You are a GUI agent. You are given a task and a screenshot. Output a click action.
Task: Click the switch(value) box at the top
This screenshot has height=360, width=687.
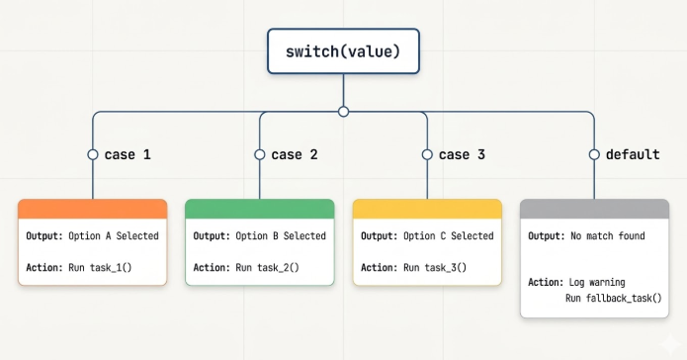(x=344, y=51)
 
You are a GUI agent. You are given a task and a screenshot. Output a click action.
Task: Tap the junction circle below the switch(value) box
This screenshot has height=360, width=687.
(x=344, y=112)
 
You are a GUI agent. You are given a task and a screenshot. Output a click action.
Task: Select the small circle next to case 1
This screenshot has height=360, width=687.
(x=93, y=155)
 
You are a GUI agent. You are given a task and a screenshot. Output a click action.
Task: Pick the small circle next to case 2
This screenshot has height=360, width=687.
(x=260, y=155)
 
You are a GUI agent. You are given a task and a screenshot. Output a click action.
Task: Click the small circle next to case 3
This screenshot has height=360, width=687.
(x=427, y=155)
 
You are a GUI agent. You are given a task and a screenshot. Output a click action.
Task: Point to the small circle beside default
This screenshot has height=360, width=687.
(x=594, y=155)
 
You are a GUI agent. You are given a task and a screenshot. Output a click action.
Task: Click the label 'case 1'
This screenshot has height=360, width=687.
(x=128, y=155)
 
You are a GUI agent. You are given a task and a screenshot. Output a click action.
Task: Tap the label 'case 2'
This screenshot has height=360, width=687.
(x=295, y=155)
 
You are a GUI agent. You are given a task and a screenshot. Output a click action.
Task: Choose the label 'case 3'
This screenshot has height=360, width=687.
(x=462, y=155)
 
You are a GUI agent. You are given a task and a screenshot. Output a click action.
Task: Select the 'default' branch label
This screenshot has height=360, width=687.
(x=633, y=155)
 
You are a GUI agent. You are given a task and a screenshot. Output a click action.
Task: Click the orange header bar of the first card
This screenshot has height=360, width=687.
(x=93, y=209)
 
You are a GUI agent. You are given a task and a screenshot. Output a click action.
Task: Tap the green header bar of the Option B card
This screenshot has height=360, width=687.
(x=260, y=209)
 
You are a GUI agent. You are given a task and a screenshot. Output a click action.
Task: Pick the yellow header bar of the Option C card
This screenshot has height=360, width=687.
(x=427, y=209)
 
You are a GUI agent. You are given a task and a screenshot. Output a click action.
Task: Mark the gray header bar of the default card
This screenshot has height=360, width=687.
(x=594, y=209)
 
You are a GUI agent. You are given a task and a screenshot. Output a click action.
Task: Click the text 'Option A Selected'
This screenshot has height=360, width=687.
(x=114, y=236)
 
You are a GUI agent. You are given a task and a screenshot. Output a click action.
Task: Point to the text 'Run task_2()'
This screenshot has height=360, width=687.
(x=267, y=267)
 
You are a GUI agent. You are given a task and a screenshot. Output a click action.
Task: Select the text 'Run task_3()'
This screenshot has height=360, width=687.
(x=435, y=267)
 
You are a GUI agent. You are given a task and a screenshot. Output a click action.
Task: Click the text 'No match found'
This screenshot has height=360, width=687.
(x=608, y=236)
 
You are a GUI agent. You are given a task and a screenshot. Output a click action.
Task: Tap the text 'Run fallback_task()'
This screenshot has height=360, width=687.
(x=614, y=299)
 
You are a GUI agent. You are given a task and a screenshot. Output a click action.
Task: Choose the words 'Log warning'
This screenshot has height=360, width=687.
(x=597, y=283)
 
